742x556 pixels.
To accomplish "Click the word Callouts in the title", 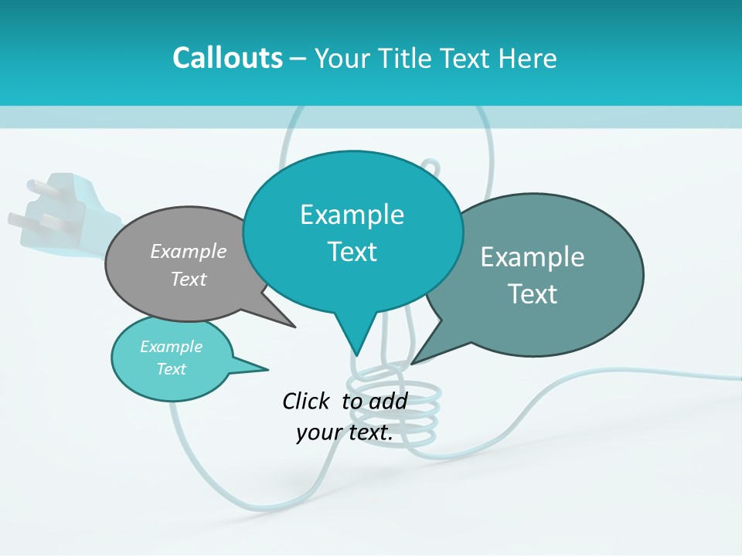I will coord(227,58).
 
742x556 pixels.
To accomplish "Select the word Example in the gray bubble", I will coord(189,251).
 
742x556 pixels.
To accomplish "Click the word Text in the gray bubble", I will coord(189,279).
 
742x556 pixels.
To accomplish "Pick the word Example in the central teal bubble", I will coord(352,215).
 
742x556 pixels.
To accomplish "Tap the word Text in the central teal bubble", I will coord(352,252).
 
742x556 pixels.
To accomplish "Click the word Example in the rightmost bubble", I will coord(533,257).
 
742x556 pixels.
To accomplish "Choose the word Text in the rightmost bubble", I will coord(533,294).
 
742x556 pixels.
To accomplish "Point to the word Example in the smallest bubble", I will coord(171,347).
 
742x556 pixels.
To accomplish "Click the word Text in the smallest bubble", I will coord(171,369).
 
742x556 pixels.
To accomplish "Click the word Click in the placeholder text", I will coord(308,401).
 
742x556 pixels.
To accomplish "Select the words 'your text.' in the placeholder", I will coord(344,432).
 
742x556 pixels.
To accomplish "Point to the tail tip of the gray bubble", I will coord(294,327).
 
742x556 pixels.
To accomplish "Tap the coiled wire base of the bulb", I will coord(394,409).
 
